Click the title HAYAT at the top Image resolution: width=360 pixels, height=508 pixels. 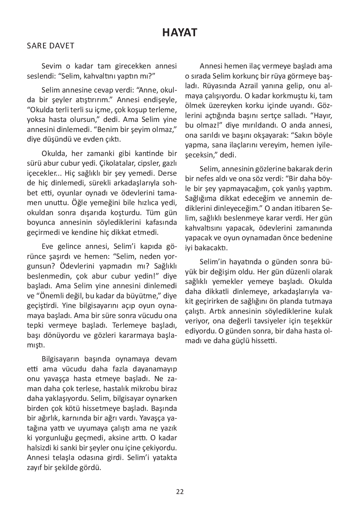[180, 33]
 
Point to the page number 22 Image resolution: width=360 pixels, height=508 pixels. [180, 492]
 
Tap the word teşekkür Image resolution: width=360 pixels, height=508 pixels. [319, 321]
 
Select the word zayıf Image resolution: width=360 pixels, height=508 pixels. [34, 467]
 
